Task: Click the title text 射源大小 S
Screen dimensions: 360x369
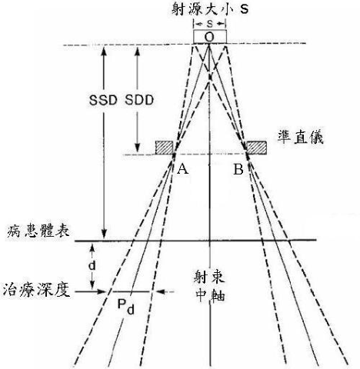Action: [210, 9]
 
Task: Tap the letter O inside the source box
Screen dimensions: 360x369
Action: [209, 38]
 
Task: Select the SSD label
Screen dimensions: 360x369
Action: [103, 100]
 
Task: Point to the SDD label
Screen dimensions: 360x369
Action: [139, 100]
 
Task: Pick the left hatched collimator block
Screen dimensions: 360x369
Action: [165, 148]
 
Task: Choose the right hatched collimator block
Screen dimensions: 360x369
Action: [257, 148]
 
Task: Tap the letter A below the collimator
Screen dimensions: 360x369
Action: [183, 169]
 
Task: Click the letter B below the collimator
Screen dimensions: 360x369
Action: [238, 169]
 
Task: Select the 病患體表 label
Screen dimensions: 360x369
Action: [38, 231]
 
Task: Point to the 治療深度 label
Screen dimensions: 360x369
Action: [36, 290]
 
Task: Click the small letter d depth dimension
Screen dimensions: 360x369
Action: [92, 266]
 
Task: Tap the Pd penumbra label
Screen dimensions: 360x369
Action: [125, 307]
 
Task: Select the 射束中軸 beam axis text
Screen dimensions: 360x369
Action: [210, 286]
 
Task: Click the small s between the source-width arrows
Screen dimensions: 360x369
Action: [210, 24]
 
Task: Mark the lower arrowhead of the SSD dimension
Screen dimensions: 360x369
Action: [104, 234]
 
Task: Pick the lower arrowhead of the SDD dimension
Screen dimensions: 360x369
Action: [138, 147]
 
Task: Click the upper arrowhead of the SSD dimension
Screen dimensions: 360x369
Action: [104, 51]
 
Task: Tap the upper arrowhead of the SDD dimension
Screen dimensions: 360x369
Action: [138, 51]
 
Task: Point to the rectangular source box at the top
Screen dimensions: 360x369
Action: [210, 37]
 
